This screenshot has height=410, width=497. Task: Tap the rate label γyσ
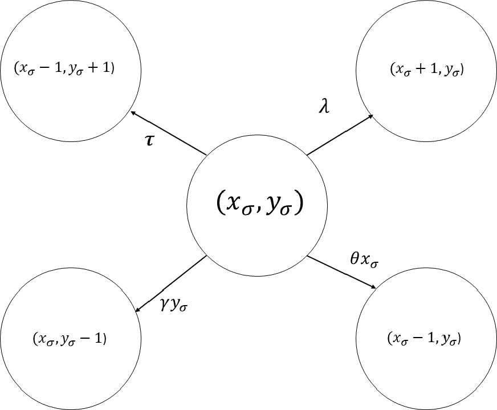[174, 307]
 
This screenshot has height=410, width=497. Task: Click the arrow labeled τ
[169, 133]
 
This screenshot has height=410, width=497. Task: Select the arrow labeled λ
[340, 135]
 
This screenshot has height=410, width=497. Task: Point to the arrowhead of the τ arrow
[133, 113]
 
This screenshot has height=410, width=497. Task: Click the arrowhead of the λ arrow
[370, 116]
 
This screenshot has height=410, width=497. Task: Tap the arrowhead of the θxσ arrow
[373, 287]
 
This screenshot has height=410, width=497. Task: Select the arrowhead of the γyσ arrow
[137, 310]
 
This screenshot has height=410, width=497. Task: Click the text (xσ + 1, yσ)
[426, 70]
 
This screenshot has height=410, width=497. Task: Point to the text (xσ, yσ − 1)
[71, 339]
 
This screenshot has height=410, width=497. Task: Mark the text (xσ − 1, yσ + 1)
[64, 68]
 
